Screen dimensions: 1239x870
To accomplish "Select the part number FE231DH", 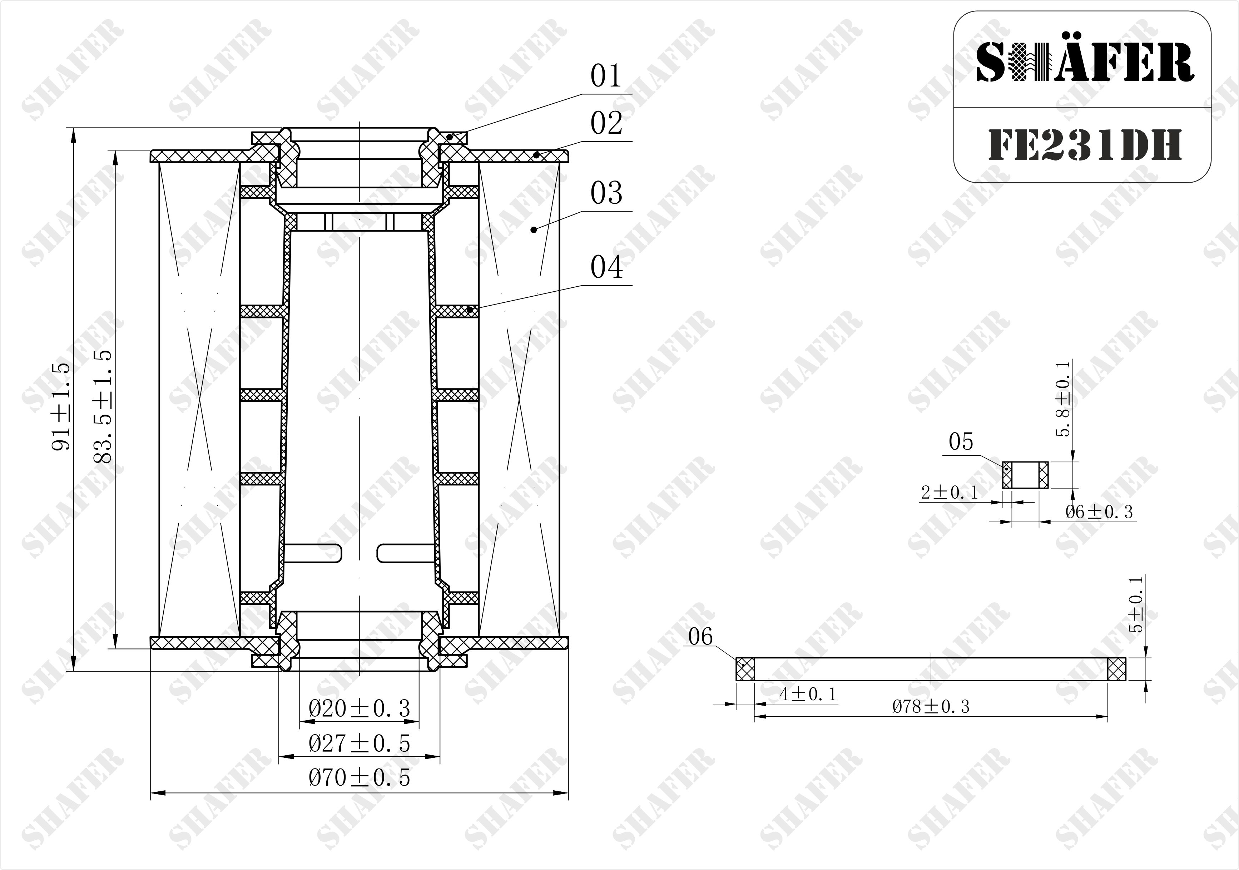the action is [x=1085, y=145].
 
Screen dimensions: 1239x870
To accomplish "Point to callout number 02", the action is [x=606, y=123].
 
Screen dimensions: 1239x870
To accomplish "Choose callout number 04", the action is [x=606, y=267].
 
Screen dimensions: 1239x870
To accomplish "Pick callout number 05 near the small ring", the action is [x=961, y=441].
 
